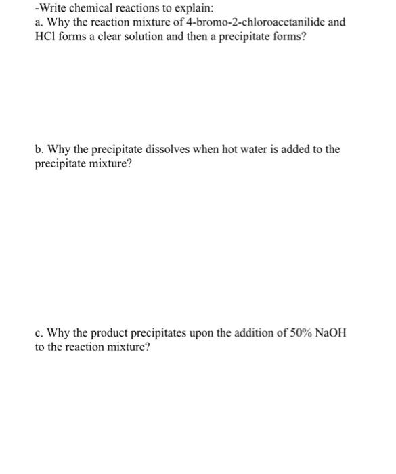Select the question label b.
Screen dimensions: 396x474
(x=39, y=149)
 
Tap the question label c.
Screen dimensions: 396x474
(x=38, y=333)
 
